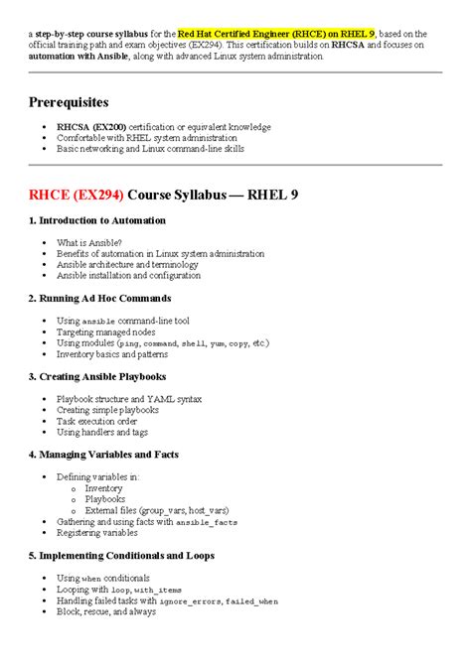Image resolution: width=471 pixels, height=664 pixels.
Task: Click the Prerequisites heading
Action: pos(69,102)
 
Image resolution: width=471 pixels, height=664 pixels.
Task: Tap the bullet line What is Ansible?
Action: pos(89,242)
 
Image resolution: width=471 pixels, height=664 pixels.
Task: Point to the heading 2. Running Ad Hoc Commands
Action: pos(99,298)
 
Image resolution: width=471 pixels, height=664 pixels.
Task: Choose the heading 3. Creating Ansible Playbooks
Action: pos(97,376)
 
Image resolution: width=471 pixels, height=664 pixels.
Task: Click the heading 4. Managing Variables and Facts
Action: pos(106,455)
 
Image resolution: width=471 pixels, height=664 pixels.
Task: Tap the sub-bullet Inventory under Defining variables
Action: pos(104,488)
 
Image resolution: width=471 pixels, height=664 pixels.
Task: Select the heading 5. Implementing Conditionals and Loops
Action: pos(121,556)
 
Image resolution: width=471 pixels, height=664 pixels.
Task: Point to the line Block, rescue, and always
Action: pos(106,611)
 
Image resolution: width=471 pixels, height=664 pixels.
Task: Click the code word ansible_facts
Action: pos(208,522)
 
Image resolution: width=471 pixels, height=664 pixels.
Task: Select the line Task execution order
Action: pos(97,421)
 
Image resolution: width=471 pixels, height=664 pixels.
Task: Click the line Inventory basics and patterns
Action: pos(112,353)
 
